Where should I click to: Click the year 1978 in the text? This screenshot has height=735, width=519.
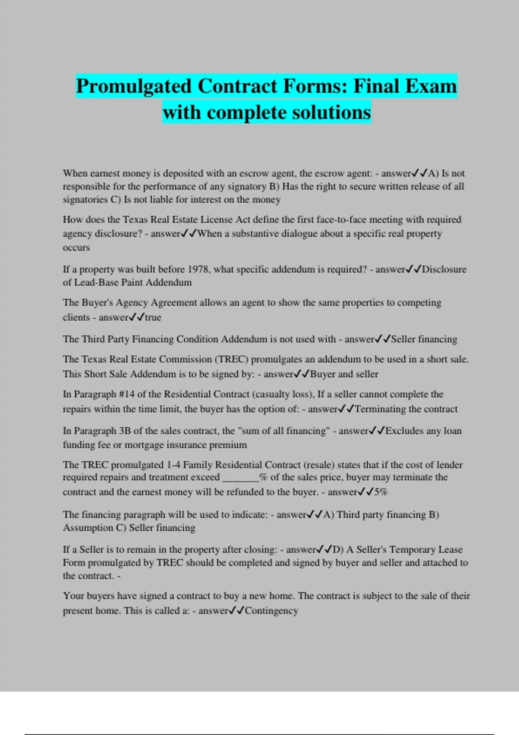(199, 269)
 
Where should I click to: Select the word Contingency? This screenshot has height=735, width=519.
(272, 611)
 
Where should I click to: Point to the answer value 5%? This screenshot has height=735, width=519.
(381, 492)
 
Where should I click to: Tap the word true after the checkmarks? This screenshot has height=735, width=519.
(153, 317)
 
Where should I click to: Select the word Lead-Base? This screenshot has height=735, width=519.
(95, 283)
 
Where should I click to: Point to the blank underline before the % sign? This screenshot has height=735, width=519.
(240, 478)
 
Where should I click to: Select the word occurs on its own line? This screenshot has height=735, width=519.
(76, 248)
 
